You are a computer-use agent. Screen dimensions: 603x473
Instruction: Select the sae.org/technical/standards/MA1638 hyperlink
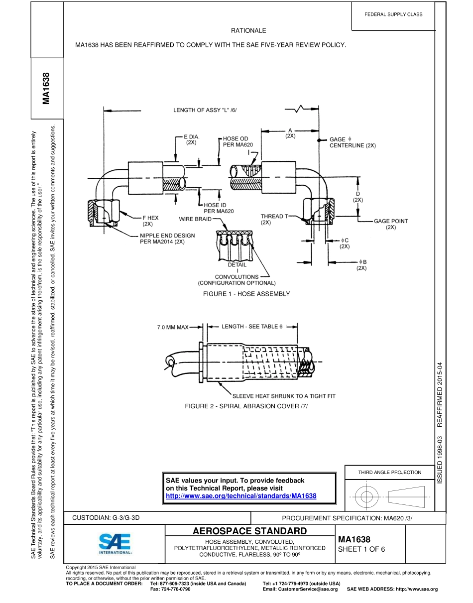tap(241, 496)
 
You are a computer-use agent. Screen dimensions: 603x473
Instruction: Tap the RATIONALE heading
tap(248, 31)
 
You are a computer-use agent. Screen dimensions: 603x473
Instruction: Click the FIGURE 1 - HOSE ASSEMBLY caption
tap(246, 294)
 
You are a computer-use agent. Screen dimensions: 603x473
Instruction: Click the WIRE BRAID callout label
tap(195, 219)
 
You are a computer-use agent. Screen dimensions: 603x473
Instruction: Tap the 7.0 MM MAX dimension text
tap(172, 328)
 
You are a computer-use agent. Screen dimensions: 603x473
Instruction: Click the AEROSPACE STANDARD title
tap(249, 530)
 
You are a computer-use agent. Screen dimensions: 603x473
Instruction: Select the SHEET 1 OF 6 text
tap(361, 550)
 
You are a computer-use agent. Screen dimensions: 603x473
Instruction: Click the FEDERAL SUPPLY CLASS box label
tap(393, 14)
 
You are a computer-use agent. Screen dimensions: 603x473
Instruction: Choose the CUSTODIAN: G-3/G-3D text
tap(107, 517)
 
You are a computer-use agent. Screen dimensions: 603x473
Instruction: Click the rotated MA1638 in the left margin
tap(46, 89)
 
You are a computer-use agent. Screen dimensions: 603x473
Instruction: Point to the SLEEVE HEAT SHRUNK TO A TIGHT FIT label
tap(291, 396)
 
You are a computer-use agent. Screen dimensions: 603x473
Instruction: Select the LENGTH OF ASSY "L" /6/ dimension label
tap(205, 111)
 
